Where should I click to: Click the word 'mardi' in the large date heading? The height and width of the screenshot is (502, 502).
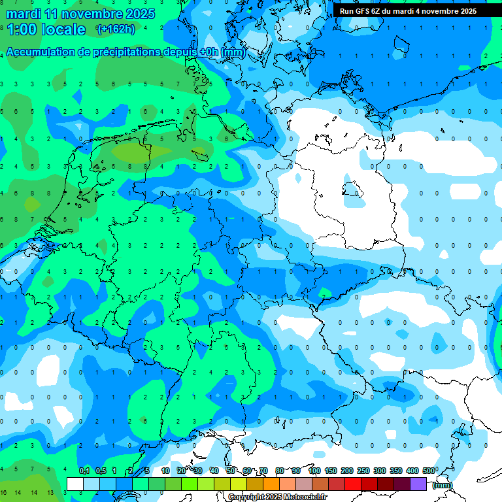(24, 14)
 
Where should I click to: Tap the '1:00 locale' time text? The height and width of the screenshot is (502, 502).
(46, 29)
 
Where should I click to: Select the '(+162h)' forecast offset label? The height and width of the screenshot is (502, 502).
(115, 29)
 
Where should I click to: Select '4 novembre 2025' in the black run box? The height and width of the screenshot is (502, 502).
(446, 11)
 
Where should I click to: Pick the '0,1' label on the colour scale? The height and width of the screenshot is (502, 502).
(84, 471)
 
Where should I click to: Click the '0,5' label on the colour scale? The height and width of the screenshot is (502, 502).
(101, 471)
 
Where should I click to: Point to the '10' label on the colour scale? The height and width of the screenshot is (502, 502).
(165, 471)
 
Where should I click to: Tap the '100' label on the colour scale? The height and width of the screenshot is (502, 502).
(314, 471)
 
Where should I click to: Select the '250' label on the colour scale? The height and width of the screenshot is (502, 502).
(363, 471)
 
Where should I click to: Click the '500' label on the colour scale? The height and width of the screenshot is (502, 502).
(429, 471)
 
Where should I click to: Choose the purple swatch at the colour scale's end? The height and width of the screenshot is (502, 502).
(418, 484)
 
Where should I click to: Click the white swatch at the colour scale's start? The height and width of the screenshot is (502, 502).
(75, 484)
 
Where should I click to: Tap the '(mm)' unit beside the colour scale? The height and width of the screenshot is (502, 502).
(443, 485)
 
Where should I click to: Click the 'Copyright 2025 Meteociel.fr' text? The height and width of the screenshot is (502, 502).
(277, 497)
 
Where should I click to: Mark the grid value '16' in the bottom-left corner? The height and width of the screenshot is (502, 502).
(4, 492)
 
